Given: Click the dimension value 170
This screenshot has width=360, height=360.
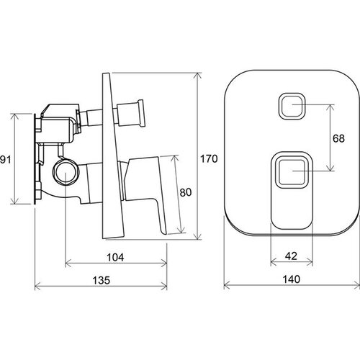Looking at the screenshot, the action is tap(209, 159).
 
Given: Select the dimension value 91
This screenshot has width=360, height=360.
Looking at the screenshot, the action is tap(6, 159).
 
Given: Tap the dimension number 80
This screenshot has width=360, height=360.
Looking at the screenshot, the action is tap(186, 192).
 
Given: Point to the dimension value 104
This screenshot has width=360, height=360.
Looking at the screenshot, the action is tap(115, 257).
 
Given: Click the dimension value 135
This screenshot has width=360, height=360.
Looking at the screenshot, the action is tap(102, 280).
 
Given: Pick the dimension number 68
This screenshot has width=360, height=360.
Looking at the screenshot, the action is tap(338, 138).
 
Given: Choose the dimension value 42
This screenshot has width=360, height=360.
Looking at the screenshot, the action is tap(291, 256).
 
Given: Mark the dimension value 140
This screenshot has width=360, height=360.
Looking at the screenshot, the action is tap(292, 279).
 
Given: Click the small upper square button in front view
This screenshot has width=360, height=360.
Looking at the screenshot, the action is tap(292, 106).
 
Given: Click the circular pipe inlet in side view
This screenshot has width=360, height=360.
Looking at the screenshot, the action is tap(66, 171).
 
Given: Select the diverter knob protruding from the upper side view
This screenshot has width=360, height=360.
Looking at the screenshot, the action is tap(131, 113).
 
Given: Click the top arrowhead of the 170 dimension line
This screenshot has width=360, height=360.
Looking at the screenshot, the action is tap(198, 76).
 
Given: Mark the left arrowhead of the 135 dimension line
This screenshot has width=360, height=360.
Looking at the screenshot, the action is tap(38, 287).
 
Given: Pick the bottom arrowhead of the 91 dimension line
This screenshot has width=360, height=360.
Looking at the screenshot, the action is tap(15, 201).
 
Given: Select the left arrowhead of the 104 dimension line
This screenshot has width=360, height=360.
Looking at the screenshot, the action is tap(68, 264).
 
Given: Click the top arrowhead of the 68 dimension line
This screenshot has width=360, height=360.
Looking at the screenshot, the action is tap(330, 108).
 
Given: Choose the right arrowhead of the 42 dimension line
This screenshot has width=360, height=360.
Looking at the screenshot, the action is tap(310, 262).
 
